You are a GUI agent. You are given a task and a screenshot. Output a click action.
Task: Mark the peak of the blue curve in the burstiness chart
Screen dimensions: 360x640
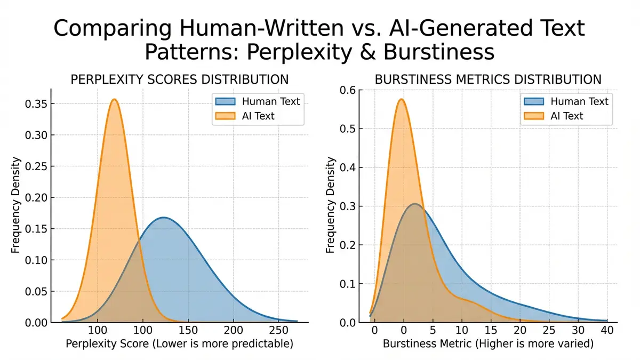point(415,204)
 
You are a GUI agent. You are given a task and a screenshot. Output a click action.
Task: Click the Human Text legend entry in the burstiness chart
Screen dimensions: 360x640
point(578,101)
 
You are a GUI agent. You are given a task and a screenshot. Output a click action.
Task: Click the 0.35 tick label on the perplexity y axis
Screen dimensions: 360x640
point(37,103)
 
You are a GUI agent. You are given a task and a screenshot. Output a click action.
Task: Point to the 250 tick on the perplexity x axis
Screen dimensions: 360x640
point(276,330)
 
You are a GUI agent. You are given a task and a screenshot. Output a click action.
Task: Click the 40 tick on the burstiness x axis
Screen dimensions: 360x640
point(606,330)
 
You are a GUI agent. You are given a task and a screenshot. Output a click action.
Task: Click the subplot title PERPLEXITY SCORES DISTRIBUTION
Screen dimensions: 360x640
point(180,80)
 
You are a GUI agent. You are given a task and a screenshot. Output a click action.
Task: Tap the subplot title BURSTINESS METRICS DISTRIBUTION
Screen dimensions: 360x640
point(488,80)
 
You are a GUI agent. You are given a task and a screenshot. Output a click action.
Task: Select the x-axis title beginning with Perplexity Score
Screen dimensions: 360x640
point(179,345)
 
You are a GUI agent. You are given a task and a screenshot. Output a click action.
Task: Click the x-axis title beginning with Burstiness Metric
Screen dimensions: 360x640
point(488,345)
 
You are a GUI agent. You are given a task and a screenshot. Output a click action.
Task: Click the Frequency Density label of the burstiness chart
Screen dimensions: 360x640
point(331,205)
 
